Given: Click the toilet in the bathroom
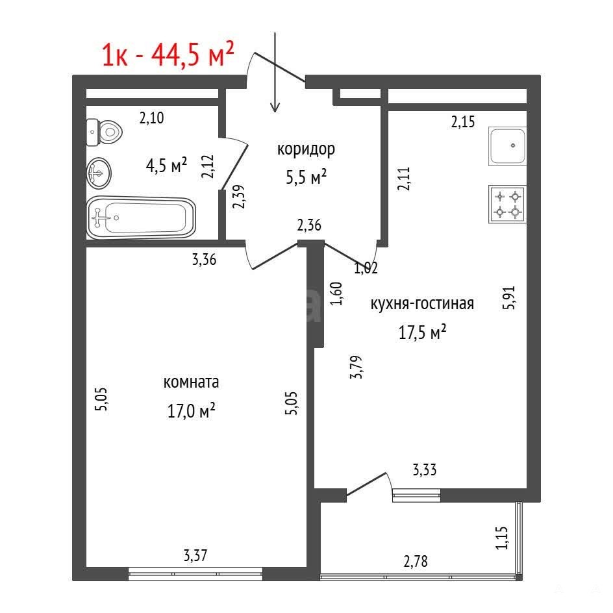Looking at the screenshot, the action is point(104,132).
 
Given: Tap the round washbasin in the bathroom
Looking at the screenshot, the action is point(99,173).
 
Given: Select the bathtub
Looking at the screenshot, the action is point(141,218).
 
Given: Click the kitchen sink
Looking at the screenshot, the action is point(507,146).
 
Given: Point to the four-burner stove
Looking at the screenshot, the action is point(507,204).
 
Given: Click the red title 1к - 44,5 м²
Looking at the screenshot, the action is point(168,54).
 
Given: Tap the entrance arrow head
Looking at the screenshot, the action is point(275,107).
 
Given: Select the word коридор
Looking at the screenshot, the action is point(306,149).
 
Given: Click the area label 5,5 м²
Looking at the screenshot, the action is point(306,177).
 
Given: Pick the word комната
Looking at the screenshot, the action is point(191,382).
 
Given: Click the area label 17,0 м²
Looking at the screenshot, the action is point(191,410).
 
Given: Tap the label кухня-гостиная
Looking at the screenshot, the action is point(422,304).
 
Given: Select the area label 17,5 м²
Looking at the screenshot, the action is point(422,332).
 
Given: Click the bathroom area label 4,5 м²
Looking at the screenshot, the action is point(166,166).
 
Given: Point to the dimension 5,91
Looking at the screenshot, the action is point(509,298).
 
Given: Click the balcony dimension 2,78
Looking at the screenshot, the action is point(416,562).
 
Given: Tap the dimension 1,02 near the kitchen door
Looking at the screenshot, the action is point(366,268).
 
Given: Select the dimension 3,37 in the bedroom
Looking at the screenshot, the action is point(195,555).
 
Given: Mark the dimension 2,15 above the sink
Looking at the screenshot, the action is point(463,122).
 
